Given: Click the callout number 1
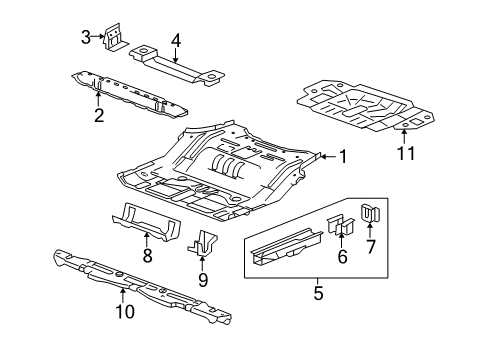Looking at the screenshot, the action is coord(343,157).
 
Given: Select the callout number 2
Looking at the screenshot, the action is coord(99,115).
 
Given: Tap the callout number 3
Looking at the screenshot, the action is coord(86,37).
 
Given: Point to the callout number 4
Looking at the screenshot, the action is coord(176,41).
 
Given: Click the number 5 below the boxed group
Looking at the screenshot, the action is coord(319,293).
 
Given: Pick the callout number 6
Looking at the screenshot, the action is coord(342,256).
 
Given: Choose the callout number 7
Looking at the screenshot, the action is coord(371,247).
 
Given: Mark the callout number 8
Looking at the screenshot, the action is coord(147,256).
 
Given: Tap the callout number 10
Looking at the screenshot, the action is coord(125,312).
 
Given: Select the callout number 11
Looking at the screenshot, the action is coord(406,153).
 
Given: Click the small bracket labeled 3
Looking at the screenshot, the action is coord(115,37).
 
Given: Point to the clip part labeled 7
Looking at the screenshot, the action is coord(371,213).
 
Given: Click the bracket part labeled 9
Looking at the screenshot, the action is coord(202,243).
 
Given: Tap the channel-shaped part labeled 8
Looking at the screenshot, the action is coord(147,222).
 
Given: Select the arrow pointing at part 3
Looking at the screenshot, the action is coord(98,37).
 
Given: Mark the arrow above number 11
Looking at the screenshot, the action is coord(404,137).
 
